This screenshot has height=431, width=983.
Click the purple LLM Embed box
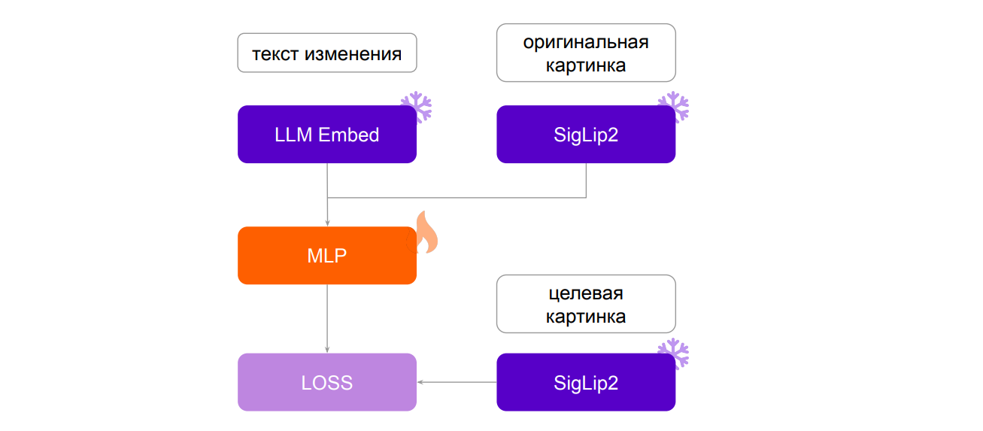(326, 134)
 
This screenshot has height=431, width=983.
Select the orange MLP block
(326, 256)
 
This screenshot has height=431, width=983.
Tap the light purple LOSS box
(326, 382)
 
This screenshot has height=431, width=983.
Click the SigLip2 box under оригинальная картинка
(585, 134)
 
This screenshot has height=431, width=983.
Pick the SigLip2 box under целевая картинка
(585, 382)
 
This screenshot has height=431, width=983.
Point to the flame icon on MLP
(424, 233)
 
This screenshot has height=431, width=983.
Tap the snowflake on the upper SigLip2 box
(673, 107)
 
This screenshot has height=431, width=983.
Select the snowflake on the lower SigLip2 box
(673, 354)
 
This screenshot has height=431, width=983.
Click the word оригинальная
(586, 42)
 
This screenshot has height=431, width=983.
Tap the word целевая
(586, 293)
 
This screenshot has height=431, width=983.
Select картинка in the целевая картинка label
(586, 317)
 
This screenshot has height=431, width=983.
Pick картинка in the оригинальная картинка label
(586, 65)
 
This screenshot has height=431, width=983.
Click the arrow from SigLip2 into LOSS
(457, 382)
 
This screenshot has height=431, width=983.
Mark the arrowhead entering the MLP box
(327, 222)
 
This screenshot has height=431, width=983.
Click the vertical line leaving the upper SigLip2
(586, 181)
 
